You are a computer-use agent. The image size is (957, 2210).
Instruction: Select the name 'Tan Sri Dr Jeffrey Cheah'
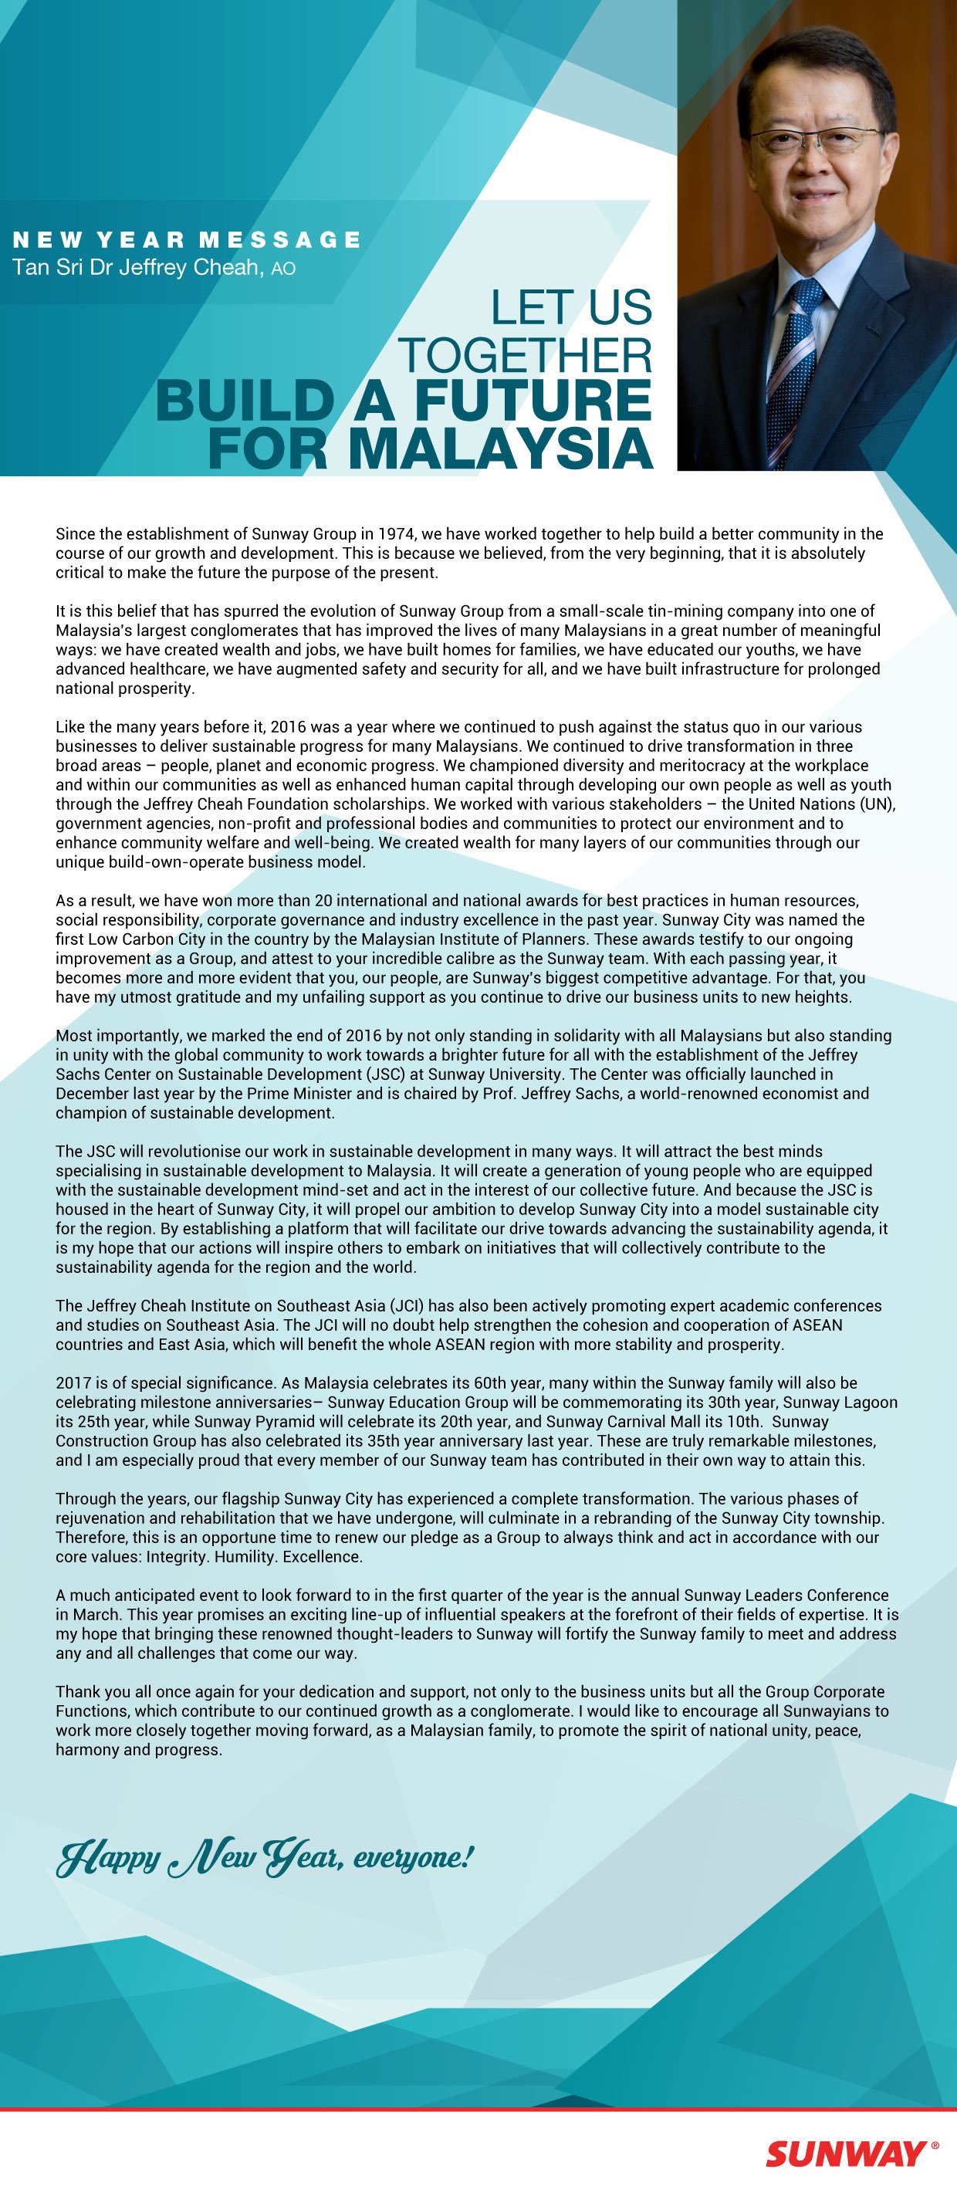point(136,268)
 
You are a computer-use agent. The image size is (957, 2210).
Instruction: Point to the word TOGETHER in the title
point(526,354)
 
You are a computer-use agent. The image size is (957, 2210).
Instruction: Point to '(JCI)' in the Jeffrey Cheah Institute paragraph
point(408,1306)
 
